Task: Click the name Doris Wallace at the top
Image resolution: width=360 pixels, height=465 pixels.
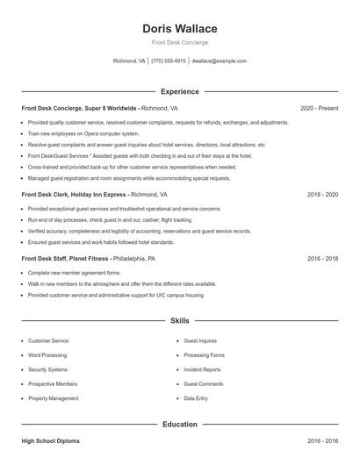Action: [179, 28]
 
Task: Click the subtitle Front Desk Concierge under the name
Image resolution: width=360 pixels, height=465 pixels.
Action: [179, 42]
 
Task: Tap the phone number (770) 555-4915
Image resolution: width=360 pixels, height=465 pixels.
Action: [169, 61]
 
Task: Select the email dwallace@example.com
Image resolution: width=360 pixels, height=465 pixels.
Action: [219, 61]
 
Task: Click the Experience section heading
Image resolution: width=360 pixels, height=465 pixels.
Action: [179, 91]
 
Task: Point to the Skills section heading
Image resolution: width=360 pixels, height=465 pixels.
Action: [179, 321]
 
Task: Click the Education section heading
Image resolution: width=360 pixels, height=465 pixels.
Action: [179, 425]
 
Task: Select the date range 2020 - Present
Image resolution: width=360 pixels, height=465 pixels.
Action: [319, 108]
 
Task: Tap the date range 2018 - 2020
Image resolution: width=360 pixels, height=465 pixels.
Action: [320, 195]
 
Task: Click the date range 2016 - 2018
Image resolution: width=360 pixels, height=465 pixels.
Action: [320, 260]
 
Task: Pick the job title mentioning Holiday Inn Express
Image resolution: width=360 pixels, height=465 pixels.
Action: [75, 195]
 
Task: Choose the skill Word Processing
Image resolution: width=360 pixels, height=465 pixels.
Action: [47, 355]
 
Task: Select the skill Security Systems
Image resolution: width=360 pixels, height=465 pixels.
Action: [47, 369]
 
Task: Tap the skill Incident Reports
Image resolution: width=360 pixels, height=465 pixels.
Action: [202, 369]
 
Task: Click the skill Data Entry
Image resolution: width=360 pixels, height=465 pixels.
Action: [196, 398]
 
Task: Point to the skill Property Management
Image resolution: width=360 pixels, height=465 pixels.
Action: [53, 398]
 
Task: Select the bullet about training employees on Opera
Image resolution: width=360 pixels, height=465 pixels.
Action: [83, 132]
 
